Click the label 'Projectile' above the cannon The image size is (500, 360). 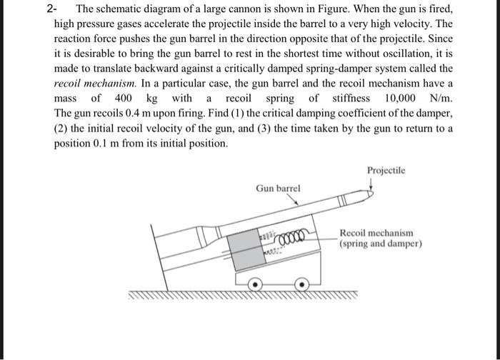click(386, 171)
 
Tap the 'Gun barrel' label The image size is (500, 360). click(278, 188)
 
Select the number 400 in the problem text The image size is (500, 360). click(123, 98)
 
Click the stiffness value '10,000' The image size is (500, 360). click(399, 98)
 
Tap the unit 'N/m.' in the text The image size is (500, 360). click(439, 98)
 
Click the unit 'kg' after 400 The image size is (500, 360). click(151, 98)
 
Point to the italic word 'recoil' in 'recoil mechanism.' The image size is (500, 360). click(69, 83)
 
